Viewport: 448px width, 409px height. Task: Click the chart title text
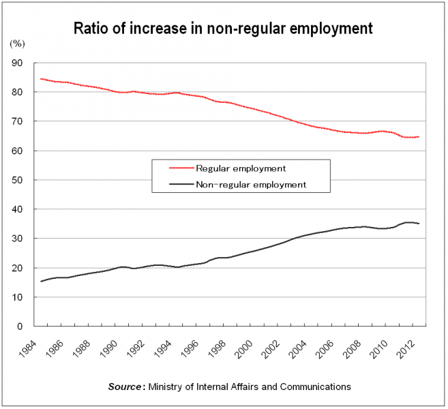(x=223, y=28)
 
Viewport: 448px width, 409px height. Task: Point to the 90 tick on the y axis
(x=17, y=63)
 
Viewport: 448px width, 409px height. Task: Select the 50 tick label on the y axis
(x=17, y=180)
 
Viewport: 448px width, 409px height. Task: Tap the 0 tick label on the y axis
(x=20, y=327)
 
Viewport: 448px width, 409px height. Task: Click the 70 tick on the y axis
(x=17, y=121)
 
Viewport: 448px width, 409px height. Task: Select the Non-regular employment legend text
(x=251, y=184)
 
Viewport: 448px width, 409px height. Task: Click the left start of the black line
(x=41, y=282)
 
